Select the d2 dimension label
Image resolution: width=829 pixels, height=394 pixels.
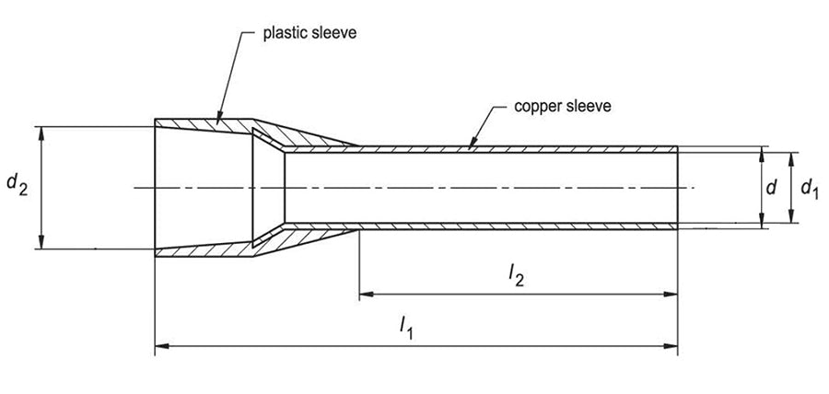click(x=17, y=185)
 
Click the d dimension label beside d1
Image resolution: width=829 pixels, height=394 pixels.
click(x=773, y=188)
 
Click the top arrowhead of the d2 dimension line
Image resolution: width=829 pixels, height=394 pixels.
click(x=41, y=129)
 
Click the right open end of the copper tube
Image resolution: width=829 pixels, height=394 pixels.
click(x=678, y=188)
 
